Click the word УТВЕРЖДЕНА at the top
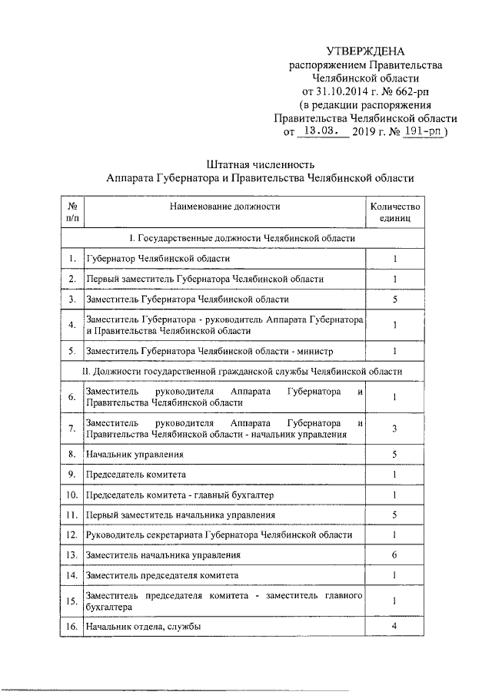tap(365, 51)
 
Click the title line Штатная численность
tap(261, 164)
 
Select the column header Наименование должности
tap(224, 206)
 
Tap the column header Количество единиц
tap(394, 212)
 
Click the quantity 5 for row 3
tap(394, 300)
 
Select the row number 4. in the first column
tap(71, 325)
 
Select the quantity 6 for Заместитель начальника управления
tap(394, 554)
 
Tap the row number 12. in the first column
tap(71, 534)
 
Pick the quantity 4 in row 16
tap(394, 627)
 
